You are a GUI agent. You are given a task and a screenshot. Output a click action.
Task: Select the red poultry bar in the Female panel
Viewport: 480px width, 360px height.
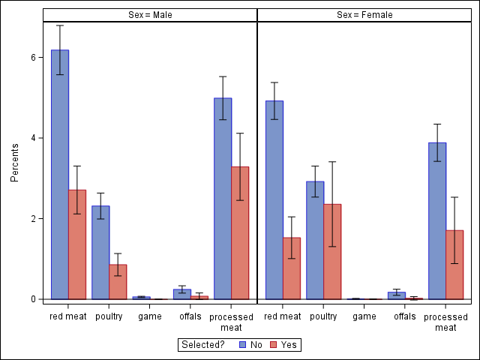(x=332, y=251)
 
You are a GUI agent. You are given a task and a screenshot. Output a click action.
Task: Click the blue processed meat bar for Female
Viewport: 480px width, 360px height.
(x=437, y=220)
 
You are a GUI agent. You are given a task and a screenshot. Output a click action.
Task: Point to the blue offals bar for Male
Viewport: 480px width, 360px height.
(x=182, y=294)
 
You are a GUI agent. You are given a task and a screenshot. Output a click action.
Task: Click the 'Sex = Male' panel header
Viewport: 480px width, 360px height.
(x=150, y=15)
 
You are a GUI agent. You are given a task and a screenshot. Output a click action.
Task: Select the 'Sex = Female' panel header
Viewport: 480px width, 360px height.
(x=364, y=15)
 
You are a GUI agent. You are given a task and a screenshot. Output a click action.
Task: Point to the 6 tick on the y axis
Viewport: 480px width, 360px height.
(x=33, y=57)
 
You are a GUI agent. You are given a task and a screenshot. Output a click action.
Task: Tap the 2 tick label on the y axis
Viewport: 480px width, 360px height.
(x=33, y=218)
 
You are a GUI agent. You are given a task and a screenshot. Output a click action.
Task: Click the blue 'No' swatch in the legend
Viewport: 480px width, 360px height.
(x=242, y=344)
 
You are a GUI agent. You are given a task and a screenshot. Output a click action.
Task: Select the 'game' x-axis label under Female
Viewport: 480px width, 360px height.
(x=364, y=316)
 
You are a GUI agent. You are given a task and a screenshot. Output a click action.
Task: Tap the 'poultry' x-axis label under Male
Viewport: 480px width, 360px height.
(x=109, y=316)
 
